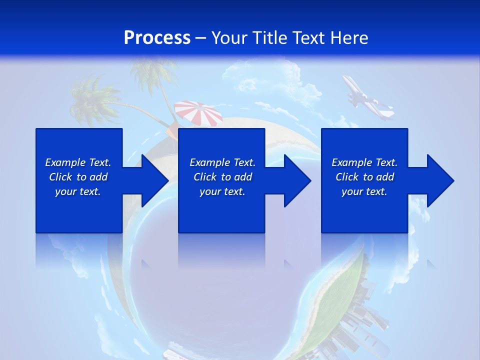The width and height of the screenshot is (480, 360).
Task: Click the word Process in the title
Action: (157, 38)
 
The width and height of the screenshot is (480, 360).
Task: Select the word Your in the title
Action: (230, 38)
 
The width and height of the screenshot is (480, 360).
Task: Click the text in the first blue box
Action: (78, 177)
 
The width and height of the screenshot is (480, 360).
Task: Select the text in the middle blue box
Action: (222, 177)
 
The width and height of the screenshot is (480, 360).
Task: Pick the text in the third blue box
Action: (364, 177)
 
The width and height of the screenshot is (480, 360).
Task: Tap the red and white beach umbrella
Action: (199, 113)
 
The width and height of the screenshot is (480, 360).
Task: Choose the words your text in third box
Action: (364, 191)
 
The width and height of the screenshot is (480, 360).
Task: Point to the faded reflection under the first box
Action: (79, 250)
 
